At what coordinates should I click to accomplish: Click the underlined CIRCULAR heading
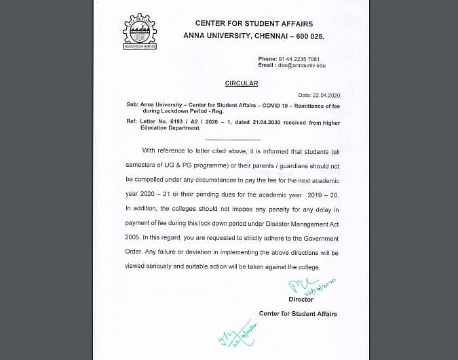pyautogui.click(x=242, y=83)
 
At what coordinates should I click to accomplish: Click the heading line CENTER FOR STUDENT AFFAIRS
pyautogui.click(x=235, y=24)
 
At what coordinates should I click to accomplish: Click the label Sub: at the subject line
pyautogui.click(x=132, y=105)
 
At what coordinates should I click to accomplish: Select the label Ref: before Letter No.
pyautogui.click(x=132, y=121)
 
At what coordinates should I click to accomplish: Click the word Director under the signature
pyautogui.click(x=301, y=299)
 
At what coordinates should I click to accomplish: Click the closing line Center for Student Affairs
pyautogui.click(x=298, y=314)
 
